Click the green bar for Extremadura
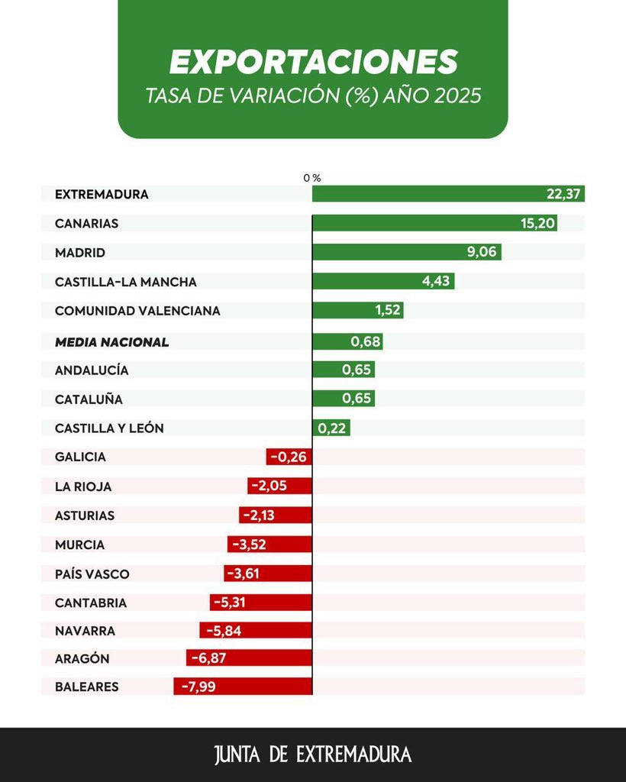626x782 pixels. (448, 194)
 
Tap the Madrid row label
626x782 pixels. (80, 253)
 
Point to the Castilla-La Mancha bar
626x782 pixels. (383, 281)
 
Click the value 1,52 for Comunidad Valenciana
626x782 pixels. (389, 311)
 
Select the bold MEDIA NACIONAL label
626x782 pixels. (111, 342)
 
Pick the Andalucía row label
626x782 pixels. (92, 370)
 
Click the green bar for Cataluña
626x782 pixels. (344, 399)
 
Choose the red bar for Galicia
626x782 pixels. (289, 457)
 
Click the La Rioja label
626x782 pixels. (83, 486)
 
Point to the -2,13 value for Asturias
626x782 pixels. (259, 515)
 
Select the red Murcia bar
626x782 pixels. (269, 544)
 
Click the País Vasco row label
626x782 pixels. (92, 574)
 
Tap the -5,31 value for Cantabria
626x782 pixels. (230, 603)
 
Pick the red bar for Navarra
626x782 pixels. (256, 631)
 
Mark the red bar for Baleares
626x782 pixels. (243, 687)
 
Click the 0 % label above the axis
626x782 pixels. (311, 177)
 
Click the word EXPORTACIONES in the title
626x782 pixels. (313, 62)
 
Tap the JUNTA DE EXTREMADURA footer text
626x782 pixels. (313, 755)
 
